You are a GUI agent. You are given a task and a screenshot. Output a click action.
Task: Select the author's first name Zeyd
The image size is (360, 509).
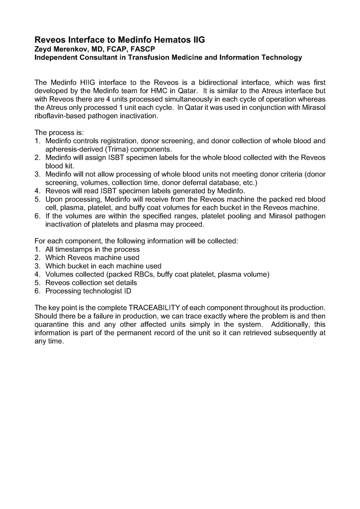pyautogui.click(x=44, y=49)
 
